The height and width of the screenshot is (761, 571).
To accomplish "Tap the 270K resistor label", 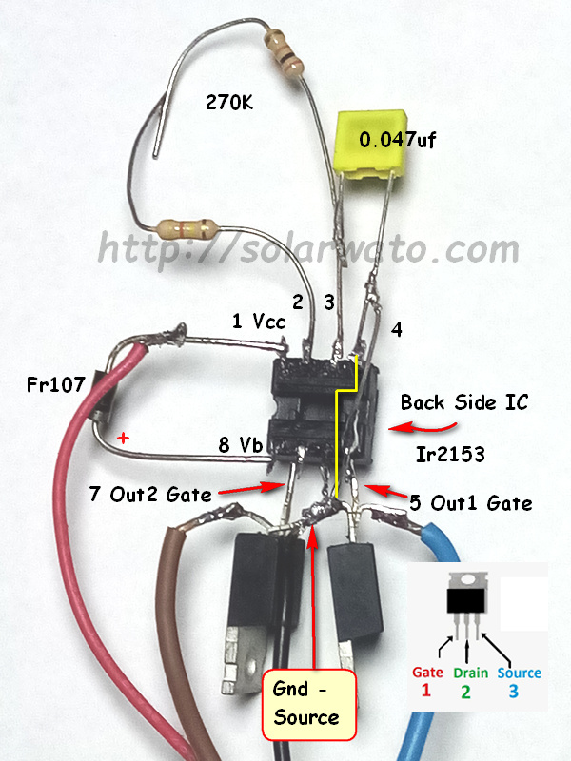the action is tap(229, 102).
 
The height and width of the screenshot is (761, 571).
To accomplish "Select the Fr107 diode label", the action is tap(55, 385).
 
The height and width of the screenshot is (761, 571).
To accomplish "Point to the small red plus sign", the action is tap(124, 439).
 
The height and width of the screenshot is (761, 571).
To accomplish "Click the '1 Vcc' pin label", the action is tap(259, 321).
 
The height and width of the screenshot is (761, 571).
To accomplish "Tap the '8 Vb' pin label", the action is tap(241, 444).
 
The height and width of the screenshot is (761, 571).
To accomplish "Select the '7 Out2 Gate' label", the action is tap(150, 494).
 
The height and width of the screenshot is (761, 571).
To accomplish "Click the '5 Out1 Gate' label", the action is tap(470, 502).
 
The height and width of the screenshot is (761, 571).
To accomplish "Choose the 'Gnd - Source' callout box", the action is tap(309, 705).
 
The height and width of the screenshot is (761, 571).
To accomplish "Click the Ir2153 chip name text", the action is tap(450, 455).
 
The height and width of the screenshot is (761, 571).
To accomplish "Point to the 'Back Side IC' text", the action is tap(463, 402).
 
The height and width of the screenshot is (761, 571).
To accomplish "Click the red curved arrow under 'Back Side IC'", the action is tap(423, 427).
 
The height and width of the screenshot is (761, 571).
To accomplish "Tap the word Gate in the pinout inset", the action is tap(427, 673).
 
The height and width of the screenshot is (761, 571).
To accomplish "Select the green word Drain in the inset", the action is tap(470, 673).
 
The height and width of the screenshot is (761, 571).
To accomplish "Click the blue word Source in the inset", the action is tap(519, 673).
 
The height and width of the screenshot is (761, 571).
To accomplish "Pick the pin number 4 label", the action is tap(397, 329).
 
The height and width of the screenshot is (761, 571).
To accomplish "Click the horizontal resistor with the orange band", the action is tap(187, 228).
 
